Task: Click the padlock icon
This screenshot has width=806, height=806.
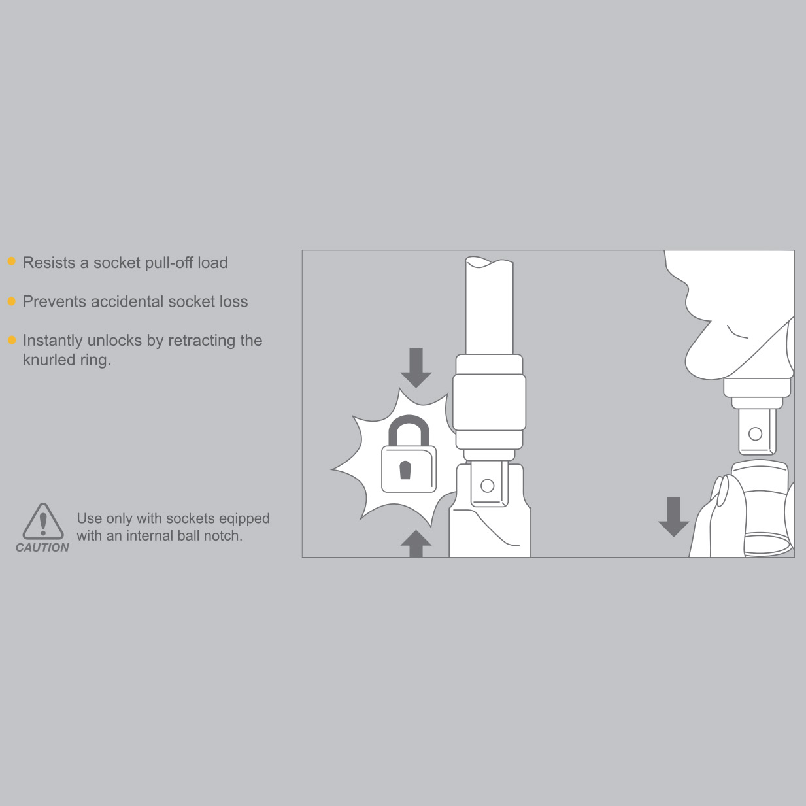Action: click(409, 454)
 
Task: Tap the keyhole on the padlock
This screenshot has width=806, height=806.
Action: click(405, 470)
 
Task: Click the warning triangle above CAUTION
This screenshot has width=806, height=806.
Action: click(43, 521)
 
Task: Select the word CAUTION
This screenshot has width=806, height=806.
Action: click(42, 548)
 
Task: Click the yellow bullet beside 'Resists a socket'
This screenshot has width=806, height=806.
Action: click(12, 261)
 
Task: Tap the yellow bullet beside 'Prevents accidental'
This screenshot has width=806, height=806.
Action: click(12, 301)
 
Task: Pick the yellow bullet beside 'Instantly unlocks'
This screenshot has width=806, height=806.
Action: click(12, 340)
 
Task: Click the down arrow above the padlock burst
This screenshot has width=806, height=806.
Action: click(416, 367)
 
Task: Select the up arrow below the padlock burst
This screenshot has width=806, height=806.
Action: click(416, 543)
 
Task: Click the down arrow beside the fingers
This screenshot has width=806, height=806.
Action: click(674, 517)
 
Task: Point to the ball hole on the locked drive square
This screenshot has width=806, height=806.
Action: click(488, 486)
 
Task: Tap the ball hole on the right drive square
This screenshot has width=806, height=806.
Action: click(756, 434)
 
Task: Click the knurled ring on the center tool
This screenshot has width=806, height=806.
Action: click(490, 402)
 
